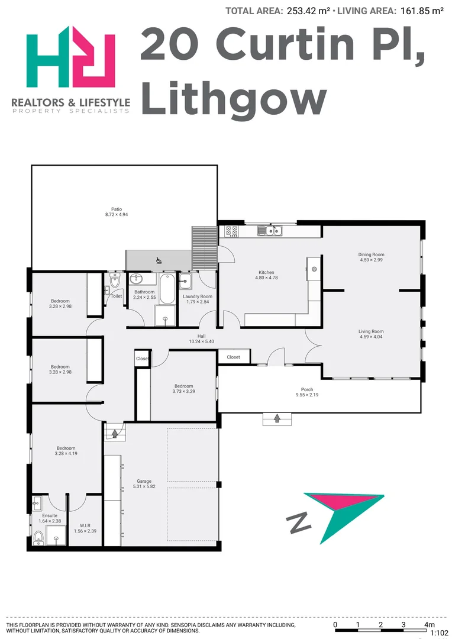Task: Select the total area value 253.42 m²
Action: (x=308, y=11)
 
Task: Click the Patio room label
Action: (x=117, y=212)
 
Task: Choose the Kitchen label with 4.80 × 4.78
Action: (x=266, y=275)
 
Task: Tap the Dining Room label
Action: (x=372, y=257)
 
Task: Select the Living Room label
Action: (x=372, y=334)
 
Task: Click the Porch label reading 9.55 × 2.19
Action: (x=307, y=392)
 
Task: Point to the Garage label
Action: (x=144, y=484)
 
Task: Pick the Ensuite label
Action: (x=46, y=518)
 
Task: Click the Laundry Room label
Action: (x=197, y=299)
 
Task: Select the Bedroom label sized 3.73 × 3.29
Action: (x=183, y=389)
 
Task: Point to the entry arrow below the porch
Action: (x=277, y=419)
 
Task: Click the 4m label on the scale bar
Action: (x=429, y=625)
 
